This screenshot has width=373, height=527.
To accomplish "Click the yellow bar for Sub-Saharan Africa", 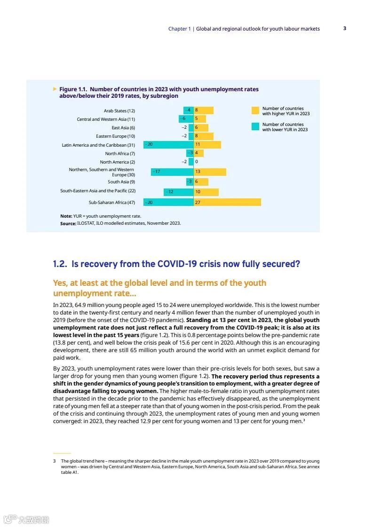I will [227, 202].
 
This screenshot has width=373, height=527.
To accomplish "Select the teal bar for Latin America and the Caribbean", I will [168, 145].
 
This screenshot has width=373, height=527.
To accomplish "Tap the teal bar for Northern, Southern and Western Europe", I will [172, 172].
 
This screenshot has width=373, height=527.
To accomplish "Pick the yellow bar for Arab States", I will [204, 110].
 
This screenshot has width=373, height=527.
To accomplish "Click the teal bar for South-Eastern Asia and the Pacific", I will [179, 192].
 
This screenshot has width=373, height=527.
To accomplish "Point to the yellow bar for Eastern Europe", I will [204, 136].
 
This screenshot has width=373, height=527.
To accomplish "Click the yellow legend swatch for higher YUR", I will [255, 111].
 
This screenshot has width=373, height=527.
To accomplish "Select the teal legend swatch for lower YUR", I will [255, 127].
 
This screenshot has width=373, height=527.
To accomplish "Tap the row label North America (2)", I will [117, 162].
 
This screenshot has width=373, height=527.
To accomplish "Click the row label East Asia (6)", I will [123, 128].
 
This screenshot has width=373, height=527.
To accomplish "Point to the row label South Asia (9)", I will [121, 182].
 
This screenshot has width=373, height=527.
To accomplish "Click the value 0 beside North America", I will [196, 162].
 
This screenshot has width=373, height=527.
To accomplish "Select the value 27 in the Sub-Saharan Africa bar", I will [198, 202].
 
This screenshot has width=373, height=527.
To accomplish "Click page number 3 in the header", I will [345, 28].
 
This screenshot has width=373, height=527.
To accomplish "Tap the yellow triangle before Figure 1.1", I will [55, 89].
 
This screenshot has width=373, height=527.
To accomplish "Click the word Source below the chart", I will [68, 224].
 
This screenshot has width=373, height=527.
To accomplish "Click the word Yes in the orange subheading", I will [60, 283].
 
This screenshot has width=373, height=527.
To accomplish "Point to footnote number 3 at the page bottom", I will [55, 461].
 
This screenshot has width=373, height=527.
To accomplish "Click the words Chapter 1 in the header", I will [179, 29].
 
